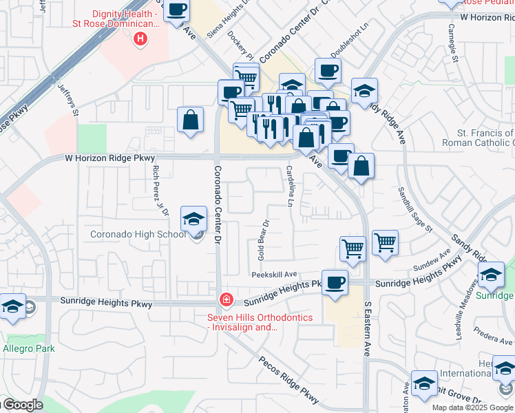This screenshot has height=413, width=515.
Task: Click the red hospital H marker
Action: click(x=140, y=39)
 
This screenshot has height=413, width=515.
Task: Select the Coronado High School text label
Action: click(x=138, y=234)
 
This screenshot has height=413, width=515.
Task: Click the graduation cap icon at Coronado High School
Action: click(x=194, y=220)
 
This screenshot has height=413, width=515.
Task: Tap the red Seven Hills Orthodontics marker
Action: click(x=225, y=299)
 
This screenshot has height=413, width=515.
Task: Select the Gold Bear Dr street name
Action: click(x=262, y=240)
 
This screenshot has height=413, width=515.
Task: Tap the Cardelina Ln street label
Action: click(x=291, y=186)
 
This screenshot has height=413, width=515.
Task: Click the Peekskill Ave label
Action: click(x=274, y=273)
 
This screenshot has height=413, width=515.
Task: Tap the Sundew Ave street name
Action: click(x=432, y=266)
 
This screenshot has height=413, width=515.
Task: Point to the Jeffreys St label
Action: click(x=69, y=100)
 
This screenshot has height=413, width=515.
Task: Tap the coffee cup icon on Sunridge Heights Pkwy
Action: click(x=335, y=283)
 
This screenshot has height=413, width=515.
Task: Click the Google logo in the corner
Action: click(x=22, y=405)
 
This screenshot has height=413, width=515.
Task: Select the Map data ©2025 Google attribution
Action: click(x=472, y=407)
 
